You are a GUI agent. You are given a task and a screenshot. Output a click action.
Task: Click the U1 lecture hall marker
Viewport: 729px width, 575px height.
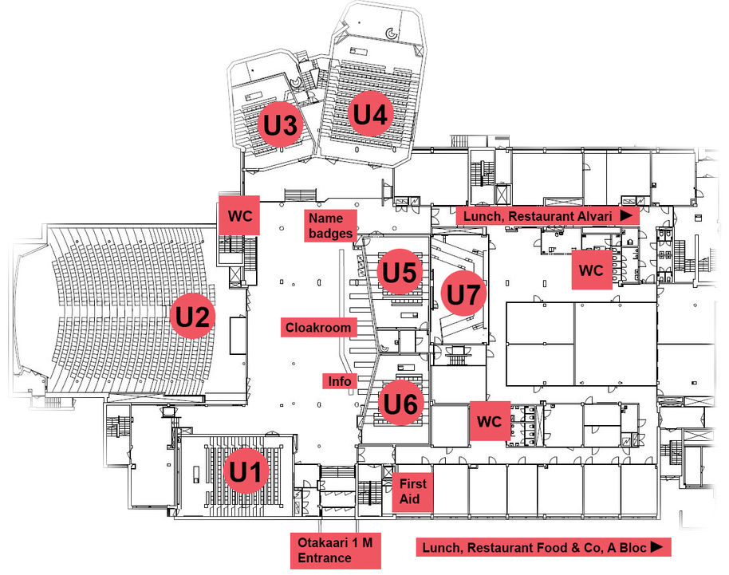pyautogui.click(x=246, y=473)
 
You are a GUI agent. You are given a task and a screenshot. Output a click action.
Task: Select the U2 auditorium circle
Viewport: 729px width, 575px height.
pyautogui.click(x=193, y=317)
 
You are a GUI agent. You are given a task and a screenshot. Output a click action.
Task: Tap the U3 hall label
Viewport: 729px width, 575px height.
pyautogui.click(x=281, y=124)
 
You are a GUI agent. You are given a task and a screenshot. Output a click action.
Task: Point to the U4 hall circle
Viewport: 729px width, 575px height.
pyautogui.click(x=370, y=115)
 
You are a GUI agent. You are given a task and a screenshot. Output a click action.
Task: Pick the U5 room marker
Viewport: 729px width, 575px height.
pyautogui.click(x=400, y=273)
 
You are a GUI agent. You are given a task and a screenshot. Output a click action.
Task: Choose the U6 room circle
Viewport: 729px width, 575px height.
pyautogui.click(x=400, y=403)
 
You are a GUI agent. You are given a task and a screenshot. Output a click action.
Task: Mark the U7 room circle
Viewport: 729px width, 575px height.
pyautogui.click(x=463, y=294)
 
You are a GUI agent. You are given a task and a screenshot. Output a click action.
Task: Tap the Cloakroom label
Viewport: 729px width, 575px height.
pyautogui.click(x=318, y=327)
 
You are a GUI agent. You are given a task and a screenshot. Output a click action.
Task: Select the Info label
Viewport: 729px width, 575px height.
pyautogui.click(x=340, y=381)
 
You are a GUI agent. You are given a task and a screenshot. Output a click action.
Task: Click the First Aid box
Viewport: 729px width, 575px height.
pyautogui.click(x=412, y=491)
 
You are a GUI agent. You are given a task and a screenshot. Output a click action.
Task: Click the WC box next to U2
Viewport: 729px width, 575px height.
pyautogui.click(x=239, y=215)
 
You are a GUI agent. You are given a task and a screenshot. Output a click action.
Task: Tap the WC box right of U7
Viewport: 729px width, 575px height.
pyautogui.click(x=591, y=270)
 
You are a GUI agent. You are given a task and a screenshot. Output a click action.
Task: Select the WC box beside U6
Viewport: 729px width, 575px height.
pyautogui.click(x=490, y=421)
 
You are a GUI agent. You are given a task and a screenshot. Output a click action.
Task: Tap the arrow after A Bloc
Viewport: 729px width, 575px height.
pyautogui.click(x=656, y=547)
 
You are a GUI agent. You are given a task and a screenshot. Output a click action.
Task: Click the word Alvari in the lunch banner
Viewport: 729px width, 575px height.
pyautogui.click(x=593, y=216)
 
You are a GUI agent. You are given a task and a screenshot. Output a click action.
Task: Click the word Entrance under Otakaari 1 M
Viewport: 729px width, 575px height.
pyautogui.click(x=325, y=557)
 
